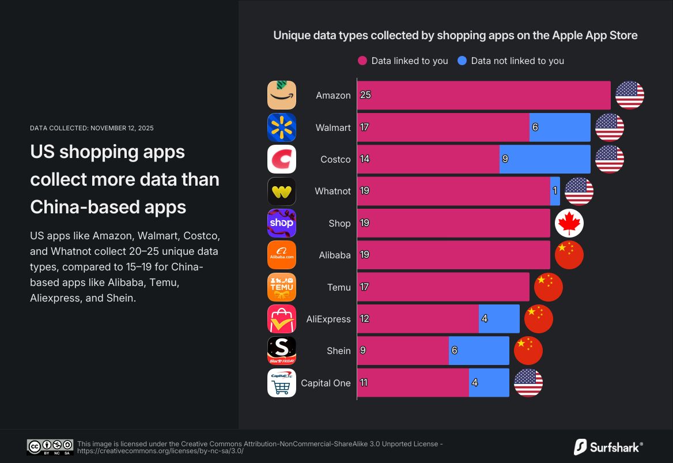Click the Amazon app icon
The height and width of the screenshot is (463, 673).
(x=282, y=95)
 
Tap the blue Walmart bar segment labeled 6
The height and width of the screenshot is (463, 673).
(x=560, y=127)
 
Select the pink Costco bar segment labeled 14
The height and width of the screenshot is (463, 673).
(x=428, y=159)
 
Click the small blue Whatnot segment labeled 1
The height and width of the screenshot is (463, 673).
(x=555, y=191)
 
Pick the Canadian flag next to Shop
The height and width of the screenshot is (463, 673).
(x=569, y=224)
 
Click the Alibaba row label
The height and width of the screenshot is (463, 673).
(x=335, y=255)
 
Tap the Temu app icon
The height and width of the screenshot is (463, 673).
(x=282, y=287)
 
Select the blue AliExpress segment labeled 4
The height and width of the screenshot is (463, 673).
(x=499, y=319)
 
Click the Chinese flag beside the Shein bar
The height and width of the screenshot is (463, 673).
(x=528, y=351)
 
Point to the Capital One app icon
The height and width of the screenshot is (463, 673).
(x=282, y=383)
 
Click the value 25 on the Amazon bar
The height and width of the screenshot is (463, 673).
(x=365, y=95)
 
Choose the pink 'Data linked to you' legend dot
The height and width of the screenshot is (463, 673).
(x=362, y=61)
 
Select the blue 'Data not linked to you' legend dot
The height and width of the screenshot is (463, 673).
(x=462, y=61)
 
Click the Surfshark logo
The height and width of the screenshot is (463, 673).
(x=608, y=446)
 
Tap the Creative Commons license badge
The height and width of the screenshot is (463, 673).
(x=50, y=447)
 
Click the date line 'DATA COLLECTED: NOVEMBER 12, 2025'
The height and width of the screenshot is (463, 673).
(x=92, y=128)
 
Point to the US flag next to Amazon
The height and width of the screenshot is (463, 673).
(x=630, y=95)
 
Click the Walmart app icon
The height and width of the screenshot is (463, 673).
(x=282, y=127)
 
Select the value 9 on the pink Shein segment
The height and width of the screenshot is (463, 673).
(x=363, y=351)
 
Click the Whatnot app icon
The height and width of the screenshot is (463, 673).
(x=282, y=191)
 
